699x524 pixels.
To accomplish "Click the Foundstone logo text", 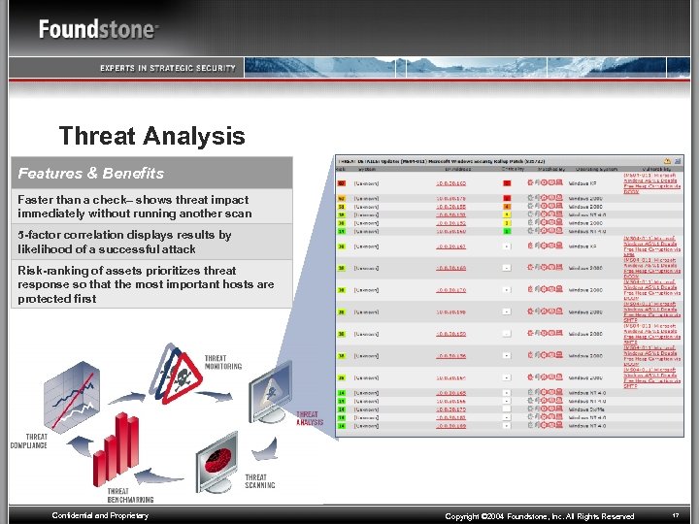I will tap(97, 29).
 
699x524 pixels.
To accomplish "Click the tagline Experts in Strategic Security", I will tap(167, 68).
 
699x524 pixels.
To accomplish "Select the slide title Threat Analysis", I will tap(151, 136).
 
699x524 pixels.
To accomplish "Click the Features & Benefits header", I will tap(91, 173).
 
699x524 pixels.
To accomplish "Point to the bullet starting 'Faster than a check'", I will tap(134, 207).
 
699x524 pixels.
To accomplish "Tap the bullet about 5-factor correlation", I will tap(124, 242).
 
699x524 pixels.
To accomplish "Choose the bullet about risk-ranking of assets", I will tap(146, 284).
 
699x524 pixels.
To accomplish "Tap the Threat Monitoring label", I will tap(222, 362).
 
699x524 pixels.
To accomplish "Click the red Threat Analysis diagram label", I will tap(309, 418).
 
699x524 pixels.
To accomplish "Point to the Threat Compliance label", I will tap(29, 442).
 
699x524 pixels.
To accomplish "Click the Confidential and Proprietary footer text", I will tap(100, 515).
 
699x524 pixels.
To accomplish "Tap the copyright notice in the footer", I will tap(539, 516).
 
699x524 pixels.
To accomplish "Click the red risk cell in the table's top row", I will tap(342, 181).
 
